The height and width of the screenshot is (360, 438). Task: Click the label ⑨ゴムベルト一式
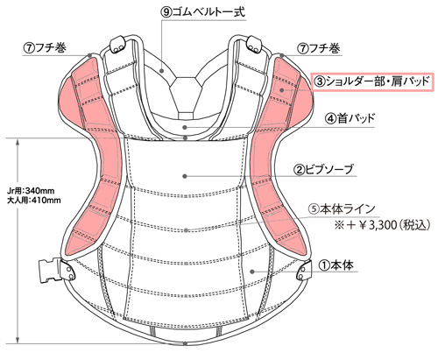(202, 12)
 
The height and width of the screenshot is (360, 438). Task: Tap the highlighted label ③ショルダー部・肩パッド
(372, 81)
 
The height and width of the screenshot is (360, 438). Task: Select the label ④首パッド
(350, 118)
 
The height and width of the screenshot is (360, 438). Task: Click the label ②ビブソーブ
(325, 170)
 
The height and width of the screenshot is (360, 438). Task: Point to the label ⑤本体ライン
(342, 209)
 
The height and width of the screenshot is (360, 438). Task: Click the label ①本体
(336, 265)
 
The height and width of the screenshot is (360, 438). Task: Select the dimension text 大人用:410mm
(34, 201)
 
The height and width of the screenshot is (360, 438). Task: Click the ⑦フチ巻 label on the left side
(45, 48)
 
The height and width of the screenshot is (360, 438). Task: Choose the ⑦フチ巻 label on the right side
(319, 48)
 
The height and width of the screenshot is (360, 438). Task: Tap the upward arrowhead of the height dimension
(18, 143)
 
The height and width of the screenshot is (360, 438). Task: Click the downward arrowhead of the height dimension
(18, 339)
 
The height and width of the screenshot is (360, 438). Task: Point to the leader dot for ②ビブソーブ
(185, 176)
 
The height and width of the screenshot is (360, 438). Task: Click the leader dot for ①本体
(252, 272)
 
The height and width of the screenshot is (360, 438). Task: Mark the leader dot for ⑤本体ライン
(186, 230)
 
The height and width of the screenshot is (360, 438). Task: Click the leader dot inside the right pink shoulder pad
(282, 90)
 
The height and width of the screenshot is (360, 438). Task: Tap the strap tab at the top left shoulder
(117, 45)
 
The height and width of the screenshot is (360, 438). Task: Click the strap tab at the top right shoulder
(254, 45)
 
